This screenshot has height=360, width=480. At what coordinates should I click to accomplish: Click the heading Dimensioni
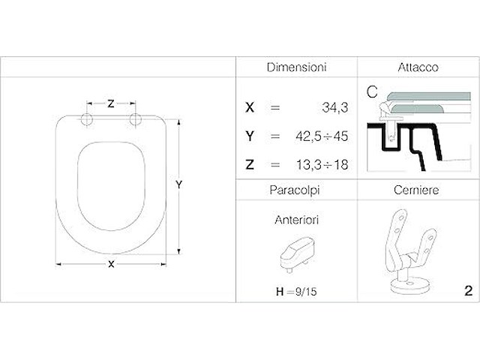pos(297,67)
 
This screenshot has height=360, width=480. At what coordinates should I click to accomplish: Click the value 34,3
pos(334,108)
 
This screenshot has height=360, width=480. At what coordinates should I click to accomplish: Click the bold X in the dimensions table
pos(250,108)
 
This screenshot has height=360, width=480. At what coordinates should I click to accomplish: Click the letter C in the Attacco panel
pos(370,92)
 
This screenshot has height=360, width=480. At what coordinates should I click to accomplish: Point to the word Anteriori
pos(297,221)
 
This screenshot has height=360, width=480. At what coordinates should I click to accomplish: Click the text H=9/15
pos(298,290)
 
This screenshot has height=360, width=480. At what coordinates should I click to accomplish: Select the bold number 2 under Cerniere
pos(467,290)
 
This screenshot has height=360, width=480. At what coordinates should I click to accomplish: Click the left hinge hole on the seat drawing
pos(85,120)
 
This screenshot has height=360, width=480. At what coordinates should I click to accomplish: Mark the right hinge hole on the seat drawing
pos(136,120)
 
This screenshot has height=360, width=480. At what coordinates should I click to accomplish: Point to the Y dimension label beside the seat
pos(179,184)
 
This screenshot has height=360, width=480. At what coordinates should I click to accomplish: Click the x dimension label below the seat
pos(111,263)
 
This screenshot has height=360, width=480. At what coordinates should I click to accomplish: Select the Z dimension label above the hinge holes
pos(111,104)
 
